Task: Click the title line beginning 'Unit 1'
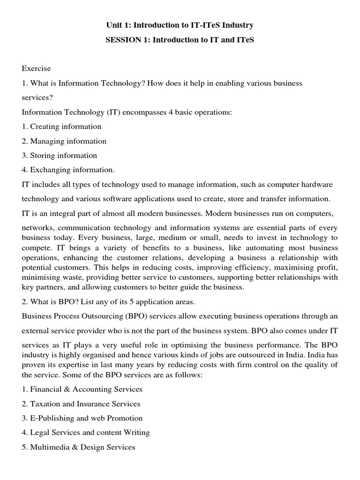180,25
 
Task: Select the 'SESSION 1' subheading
180,40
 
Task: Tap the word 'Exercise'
36,68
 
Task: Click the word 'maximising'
293,268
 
